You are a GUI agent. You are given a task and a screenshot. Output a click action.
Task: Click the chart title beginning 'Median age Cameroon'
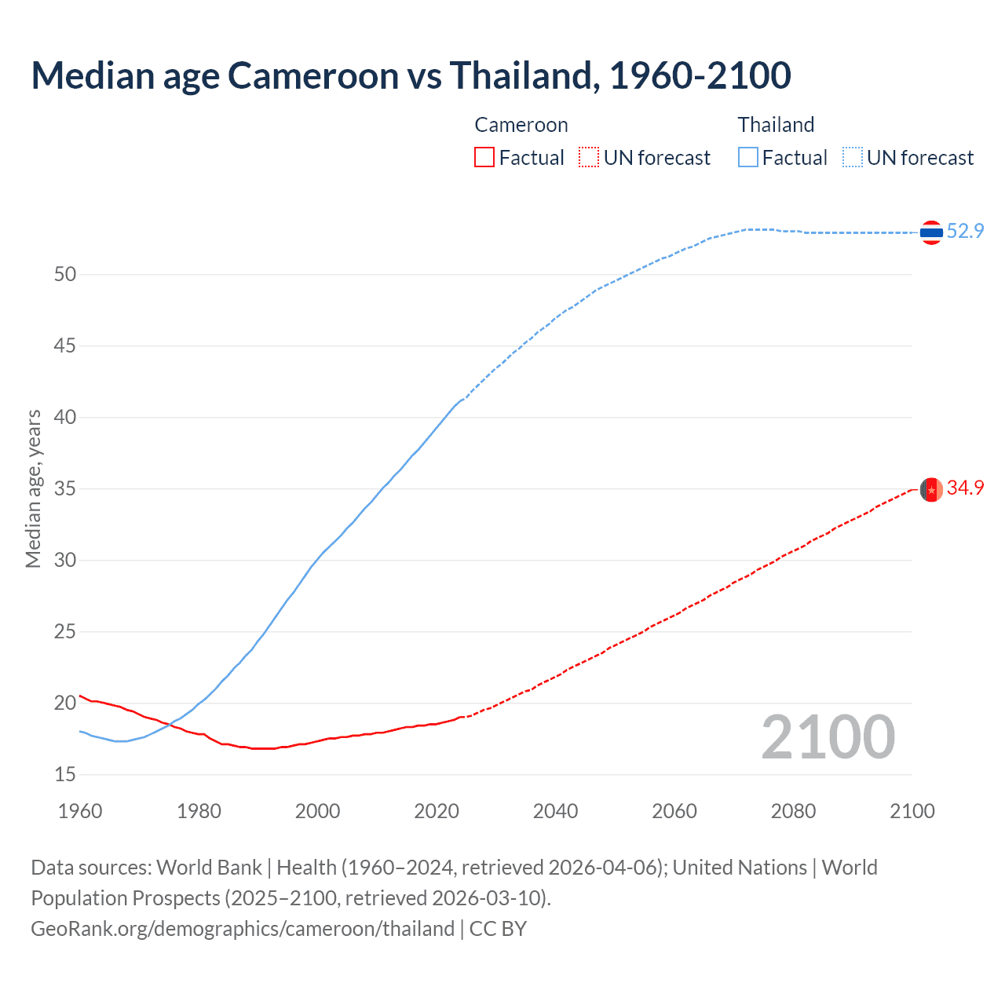411,75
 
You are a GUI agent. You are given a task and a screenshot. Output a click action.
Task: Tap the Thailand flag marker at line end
931,232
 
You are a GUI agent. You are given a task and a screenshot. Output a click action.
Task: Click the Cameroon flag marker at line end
931,489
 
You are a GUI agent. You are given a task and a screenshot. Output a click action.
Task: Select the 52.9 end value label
965,231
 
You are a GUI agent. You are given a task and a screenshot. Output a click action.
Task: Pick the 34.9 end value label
965,488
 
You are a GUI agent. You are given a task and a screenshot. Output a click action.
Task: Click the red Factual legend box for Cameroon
484,158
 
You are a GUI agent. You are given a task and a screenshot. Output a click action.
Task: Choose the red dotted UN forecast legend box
589,158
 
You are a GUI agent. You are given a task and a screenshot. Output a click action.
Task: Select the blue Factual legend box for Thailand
748,158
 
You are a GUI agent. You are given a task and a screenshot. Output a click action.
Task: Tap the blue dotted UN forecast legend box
852,158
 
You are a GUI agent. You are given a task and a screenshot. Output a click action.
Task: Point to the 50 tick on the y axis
65,274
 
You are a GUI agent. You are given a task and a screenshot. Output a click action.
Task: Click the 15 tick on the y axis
65,774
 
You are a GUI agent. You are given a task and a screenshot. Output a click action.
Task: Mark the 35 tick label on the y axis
65,488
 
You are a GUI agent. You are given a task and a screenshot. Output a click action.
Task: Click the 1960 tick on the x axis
80,811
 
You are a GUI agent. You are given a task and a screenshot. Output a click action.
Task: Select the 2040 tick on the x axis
555,811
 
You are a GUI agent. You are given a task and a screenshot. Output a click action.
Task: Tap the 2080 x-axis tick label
793,811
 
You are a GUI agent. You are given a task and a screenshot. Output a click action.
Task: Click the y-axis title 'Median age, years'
33,488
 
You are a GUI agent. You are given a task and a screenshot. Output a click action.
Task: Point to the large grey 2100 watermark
828,736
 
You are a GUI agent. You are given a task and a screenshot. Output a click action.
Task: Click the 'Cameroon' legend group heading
521,125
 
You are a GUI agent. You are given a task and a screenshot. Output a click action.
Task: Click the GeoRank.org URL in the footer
243,929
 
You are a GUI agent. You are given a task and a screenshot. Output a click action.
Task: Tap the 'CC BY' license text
498,929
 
